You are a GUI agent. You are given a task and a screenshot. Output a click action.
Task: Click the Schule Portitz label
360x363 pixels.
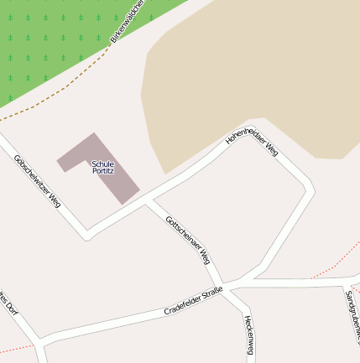(102, 167)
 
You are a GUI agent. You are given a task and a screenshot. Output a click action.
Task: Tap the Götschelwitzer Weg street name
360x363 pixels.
(38, 181)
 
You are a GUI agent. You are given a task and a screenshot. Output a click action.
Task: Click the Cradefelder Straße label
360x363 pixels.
(194, 300)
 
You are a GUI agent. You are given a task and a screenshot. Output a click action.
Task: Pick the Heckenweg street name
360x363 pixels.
(248, 334)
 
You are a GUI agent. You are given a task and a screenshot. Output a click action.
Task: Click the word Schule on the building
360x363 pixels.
(102, 163)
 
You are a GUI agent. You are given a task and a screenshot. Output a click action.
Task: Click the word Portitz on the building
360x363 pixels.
(102, 171)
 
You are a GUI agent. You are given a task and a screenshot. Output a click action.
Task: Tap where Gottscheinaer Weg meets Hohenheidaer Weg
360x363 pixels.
(149, 202)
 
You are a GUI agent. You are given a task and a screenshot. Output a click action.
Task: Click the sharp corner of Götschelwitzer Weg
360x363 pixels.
(86, 235)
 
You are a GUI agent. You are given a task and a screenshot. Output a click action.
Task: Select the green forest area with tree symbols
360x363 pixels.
(50, 42)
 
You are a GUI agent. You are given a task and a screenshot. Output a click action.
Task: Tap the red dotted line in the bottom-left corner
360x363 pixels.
(17, 347)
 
